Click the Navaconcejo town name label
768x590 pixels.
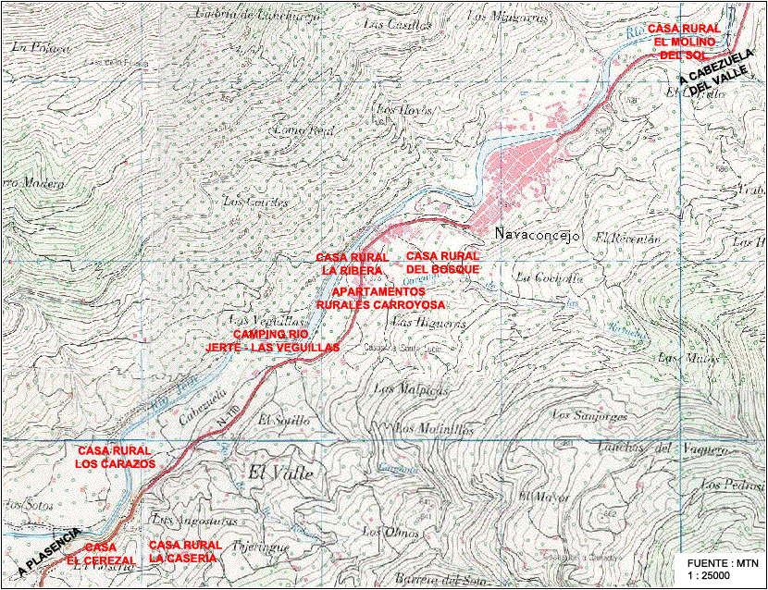point(537,236)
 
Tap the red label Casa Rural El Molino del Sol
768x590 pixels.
point(683,42)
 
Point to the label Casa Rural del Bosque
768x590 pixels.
point(442,262)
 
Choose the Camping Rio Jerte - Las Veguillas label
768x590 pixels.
point(272,339)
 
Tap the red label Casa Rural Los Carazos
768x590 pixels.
point(116,456)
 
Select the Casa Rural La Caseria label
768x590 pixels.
point(184,551)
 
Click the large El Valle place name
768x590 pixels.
point(281,473)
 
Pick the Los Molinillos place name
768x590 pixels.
point(434,429)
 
